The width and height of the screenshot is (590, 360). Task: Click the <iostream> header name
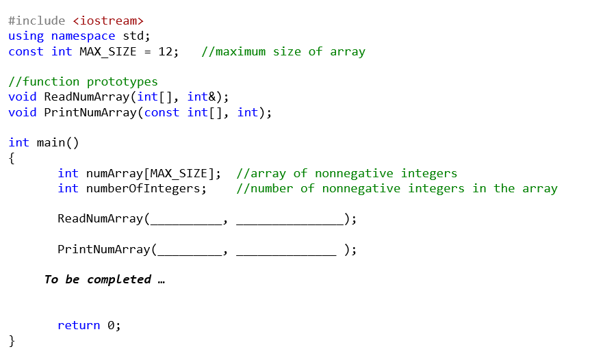coord(108,21)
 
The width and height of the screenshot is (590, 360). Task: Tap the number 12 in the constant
coord(168,51)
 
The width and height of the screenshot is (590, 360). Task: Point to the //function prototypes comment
coord(83,82)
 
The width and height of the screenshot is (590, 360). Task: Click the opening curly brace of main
coord(12,158)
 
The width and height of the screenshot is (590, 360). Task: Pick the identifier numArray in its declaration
coord(114,173)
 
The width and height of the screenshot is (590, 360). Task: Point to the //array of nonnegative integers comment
coord(346,173)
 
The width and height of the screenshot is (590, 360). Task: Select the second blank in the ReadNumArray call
coord(290,220)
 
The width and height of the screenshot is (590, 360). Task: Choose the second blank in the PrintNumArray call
coord(286,250)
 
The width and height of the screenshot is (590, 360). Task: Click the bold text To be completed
coord(98,279)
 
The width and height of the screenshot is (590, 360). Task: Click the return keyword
coord(79,326)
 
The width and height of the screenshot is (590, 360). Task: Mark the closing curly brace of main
coord(12,341)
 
